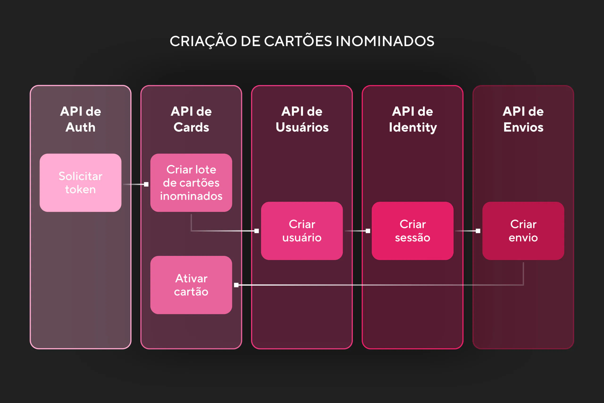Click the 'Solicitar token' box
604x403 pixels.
pyautogui.click(x=80, y=182)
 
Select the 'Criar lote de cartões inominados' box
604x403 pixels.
pyautogui.click(x=191, y=182)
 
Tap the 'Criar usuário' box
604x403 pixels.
pyautogui.click(x=302, y=231)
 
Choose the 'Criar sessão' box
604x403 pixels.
pyautogui.click(x=412, y=231)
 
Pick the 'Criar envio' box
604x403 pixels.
pyautogui.click(x=523, y=231)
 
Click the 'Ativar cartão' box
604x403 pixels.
pyautogui.click(x=191, y=285)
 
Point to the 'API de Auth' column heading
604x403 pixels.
pyautogui.click(x=80, y=119)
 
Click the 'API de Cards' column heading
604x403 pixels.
pyautogui.click(x=191, y=119)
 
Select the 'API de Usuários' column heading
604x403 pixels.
pyautogui.click(x=302, y=119)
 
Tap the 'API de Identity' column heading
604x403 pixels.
pyautogui.click(x=412, y=119)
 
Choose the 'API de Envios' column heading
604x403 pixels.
pyautogui.click(x=523, y=119)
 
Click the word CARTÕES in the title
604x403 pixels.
pyautogui.click(x=298, y=41)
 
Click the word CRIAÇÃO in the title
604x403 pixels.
pyautogui.click(x=203, y=41)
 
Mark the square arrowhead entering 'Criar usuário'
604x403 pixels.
pyautogui.click(x=256, y=231)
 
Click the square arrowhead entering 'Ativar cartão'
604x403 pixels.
pyautogui.click(x=236, y=285)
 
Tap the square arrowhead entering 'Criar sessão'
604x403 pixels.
pyautogui.click(x=368, y=231)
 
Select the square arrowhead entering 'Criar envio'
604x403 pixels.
pyautogui.click(x=478, y=231)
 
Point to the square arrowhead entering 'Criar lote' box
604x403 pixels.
pyautogui.click(x=146, y=184)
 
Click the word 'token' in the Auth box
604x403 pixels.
pyautogui.click(x=80, y=189)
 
